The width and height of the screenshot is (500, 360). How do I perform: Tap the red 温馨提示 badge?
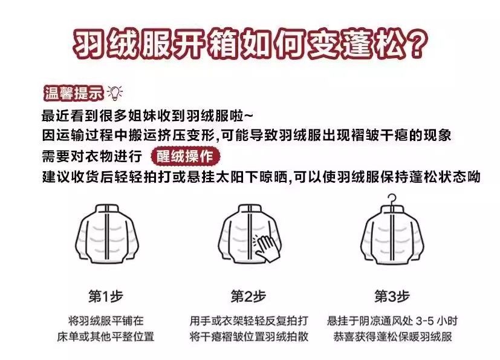click(x=74, y=93)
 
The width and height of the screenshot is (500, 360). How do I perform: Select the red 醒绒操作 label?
click(x=185, y=156)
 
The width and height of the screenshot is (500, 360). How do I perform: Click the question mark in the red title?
click(x=415, y=44)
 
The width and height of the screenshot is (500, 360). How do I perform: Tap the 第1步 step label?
click(x=106, y=296)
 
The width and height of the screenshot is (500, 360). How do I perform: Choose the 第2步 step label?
click(x=248, y=296)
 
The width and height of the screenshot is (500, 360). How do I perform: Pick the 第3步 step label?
click(x=392, y=296)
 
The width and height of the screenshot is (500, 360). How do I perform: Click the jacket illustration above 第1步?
click(x=107, y=234)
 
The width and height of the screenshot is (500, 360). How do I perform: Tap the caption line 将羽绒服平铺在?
click(x=106, y=321)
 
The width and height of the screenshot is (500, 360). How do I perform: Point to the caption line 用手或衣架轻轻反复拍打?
click(x=248, y=321)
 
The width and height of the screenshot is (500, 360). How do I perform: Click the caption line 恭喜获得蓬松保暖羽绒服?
click(x=392, y=336)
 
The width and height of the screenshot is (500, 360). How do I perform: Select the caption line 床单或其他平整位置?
click(x=106, y=336)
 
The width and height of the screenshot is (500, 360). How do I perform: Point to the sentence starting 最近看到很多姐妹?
click(x=148, y=116)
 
